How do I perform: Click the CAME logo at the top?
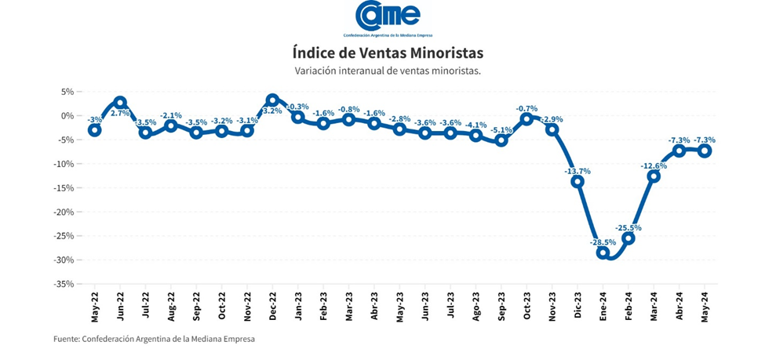tap(388, 17)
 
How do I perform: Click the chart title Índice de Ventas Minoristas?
tap(388, 53)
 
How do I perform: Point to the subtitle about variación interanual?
tap(388, 71)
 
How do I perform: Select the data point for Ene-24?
tap(603, 253)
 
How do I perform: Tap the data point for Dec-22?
tap(272, 100)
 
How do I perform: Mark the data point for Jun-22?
tap(120, 103)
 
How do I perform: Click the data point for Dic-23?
tap(577, 181)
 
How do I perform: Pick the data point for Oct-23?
tap(526, 119)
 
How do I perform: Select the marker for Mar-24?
tap(654, 176)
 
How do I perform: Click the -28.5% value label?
tap(603, 242)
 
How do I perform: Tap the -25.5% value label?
tap(628, 228)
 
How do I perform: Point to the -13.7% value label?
tap(577, 171)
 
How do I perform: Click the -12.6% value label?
tap(653, 166)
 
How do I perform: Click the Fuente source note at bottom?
tap(155, 339)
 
